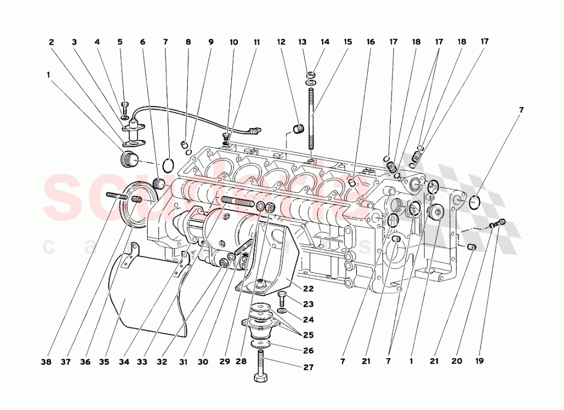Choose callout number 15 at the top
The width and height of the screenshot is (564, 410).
click(347, 42)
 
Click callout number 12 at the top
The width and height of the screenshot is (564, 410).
click(280, 42)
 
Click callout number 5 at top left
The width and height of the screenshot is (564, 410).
click(120, 42)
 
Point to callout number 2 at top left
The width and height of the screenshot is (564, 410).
click(51, 42)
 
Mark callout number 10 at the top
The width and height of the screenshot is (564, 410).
click(233, 42)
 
